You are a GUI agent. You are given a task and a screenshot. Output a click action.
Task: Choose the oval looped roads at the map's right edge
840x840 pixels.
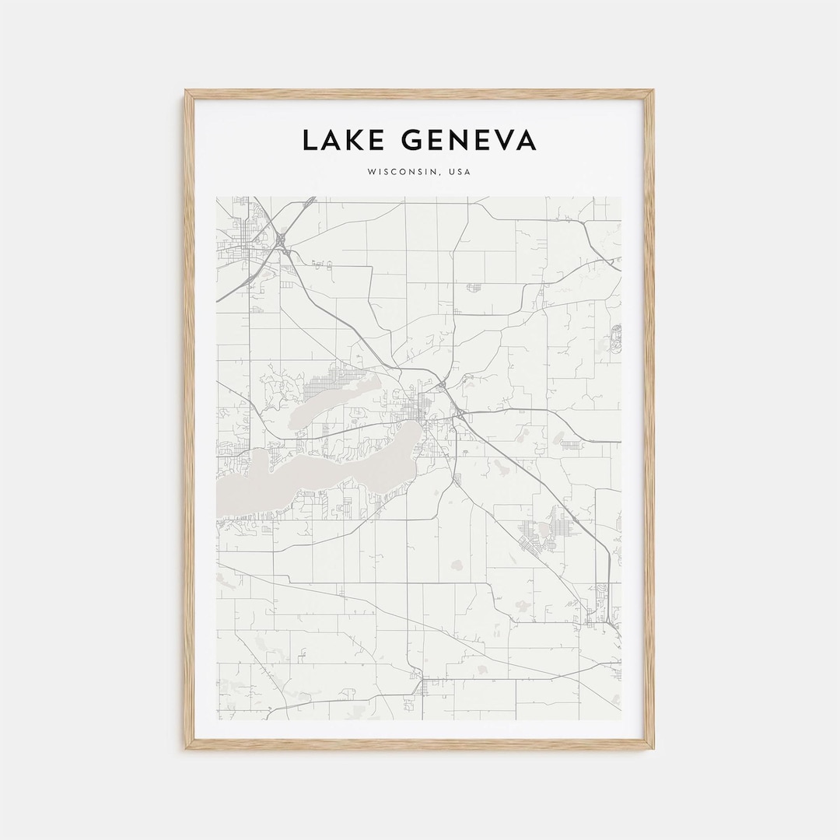pos(617,339)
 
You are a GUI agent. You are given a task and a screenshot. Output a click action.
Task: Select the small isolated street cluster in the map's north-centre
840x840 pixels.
pos(474,287)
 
